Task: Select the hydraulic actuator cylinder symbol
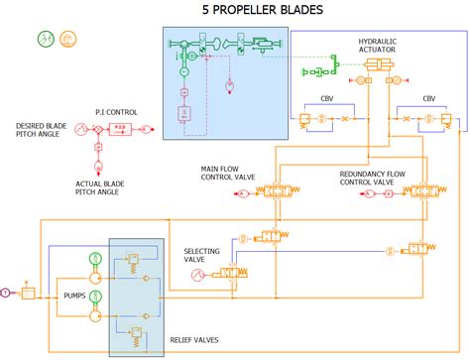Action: click(x=379, y=65)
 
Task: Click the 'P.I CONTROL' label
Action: click(x=116, y=111)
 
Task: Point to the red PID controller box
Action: click(x=118, y=129)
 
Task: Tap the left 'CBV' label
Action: click(x=327, y=99)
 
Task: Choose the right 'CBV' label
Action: click(x=428, y=99)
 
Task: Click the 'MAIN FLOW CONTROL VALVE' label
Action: click(x=227, y=173)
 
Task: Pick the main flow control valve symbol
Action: click(x=283, y=191)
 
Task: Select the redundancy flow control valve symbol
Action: click(x=427, y=191)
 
